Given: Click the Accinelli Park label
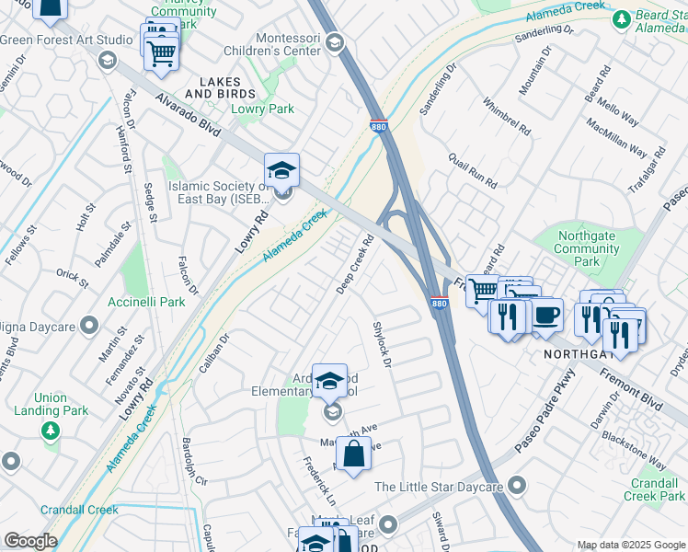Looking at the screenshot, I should [146, 302].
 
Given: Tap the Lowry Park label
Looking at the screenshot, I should [263, 109].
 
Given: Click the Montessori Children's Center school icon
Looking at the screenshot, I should [334, 42].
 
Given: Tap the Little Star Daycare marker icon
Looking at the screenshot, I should [517, 484].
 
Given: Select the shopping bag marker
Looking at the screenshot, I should [354, 454].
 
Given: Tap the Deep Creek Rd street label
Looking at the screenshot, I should [355, 265].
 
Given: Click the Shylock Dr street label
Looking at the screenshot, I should [383, 345].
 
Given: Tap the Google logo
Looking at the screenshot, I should [31, 540].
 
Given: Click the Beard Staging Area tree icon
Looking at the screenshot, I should [623, 17].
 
